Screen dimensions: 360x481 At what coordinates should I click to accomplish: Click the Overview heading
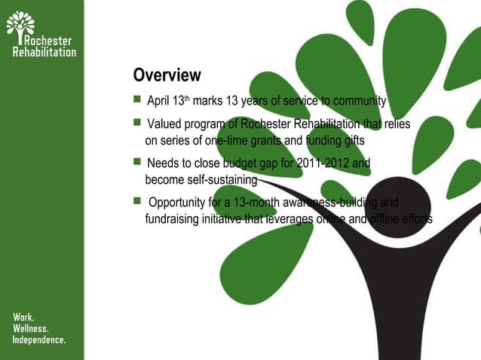[x=167, y=75]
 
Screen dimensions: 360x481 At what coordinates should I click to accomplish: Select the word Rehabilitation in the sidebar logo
[x=44, y=52]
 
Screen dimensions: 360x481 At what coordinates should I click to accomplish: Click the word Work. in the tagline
[x=23, y=318]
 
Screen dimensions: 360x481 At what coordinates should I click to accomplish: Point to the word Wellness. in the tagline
[x=31, y=329]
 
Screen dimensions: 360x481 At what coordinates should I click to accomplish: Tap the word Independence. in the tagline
[x=39, y=340]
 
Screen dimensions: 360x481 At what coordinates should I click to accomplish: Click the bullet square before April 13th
[x=137, y=100]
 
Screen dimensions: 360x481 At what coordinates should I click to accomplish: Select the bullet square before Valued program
[x=137, y=123]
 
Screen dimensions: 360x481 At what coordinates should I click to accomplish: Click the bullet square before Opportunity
[x=137, y=201]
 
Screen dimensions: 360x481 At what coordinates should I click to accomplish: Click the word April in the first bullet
[x=158, y=102]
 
